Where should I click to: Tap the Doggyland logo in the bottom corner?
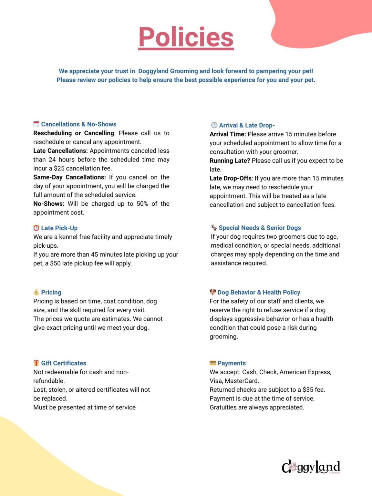pos(311,467)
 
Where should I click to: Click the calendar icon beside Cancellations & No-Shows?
pos(36,124)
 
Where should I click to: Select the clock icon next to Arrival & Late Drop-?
pos(214,125)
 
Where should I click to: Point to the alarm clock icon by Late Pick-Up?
pos(36,228)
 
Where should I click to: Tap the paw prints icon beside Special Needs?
pos(214,228)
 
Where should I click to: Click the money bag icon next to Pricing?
pos(36,292)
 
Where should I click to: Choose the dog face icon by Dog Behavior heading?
pos(213,292)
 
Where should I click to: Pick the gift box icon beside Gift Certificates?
pos(36,363)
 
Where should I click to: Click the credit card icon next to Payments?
pos(213,363)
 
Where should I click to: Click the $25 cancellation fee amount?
pos(59,168)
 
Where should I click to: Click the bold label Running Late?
pos(230,160)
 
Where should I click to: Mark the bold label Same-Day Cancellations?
pos(69,177)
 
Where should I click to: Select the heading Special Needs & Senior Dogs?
pos(260,228)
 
